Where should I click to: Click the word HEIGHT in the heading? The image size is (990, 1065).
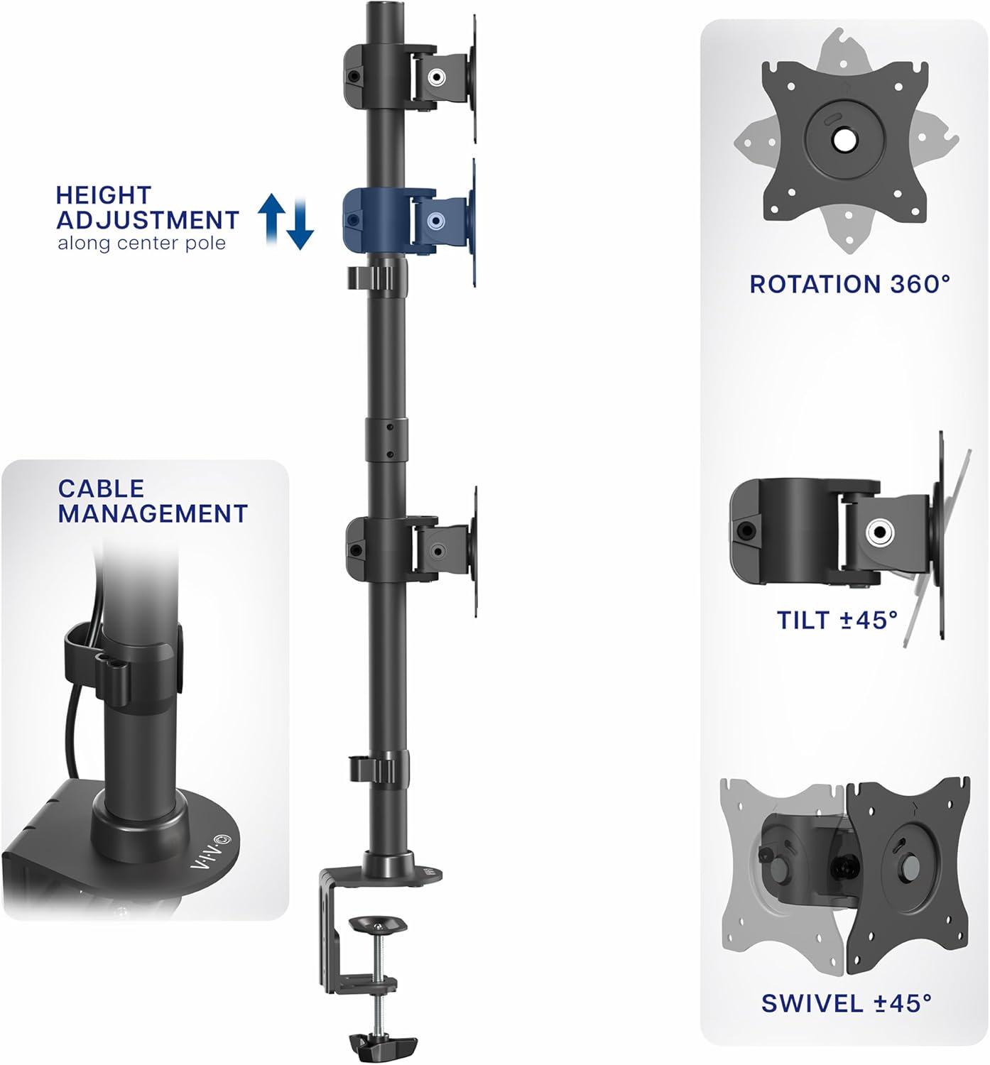pyautogui.click(x=104, y=195)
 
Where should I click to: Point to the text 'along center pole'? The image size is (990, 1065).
pyautogui.click(x=141, y=244)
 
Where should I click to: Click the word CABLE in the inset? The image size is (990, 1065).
pyautogui.click(x=101, y=488)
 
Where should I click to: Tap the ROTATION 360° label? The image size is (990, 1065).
pyautogui.click(x=849, y=285)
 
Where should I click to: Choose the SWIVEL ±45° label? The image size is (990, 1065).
pyautogui.click(x=846, y=1003)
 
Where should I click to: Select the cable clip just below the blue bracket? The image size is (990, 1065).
pyautogui.click(x=376, y=278)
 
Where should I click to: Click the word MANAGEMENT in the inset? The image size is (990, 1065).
pyautogui.click(x=153, y=513)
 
